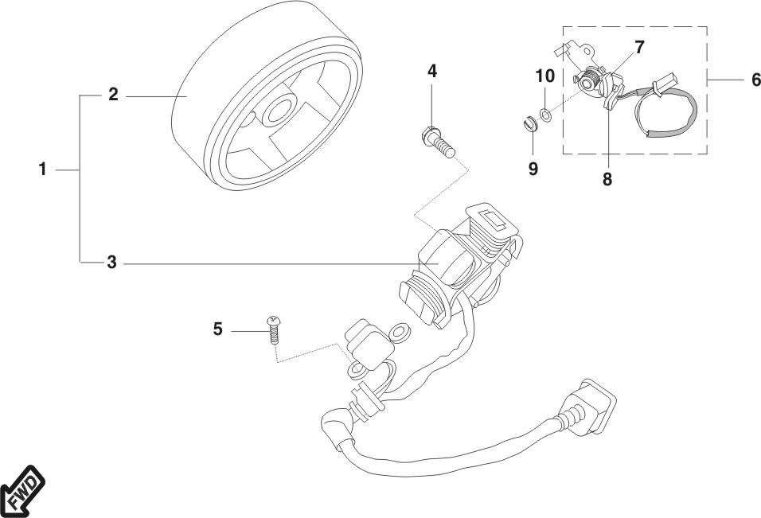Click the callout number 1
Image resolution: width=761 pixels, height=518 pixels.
pos(44,169)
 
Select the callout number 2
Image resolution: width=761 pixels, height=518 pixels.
pos(113,95)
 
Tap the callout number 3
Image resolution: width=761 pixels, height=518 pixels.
pos(112,261)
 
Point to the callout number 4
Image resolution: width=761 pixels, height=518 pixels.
pos(432,71)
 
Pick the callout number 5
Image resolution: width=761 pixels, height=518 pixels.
pos(217,328)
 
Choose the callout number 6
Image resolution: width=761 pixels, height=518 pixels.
pos(756,80)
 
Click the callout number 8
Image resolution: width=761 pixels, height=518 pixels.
pos(607,179)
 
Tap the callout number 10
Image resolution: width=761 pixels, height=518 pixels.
pos(544,76)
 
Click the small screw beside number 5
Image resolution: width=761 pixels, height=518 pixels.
pos(274,328)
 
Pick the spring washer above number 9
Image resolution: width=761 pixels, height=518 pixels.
pos(526,123)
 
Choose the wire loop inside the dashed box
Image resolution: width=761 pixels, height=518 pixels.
pos(677,115)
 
